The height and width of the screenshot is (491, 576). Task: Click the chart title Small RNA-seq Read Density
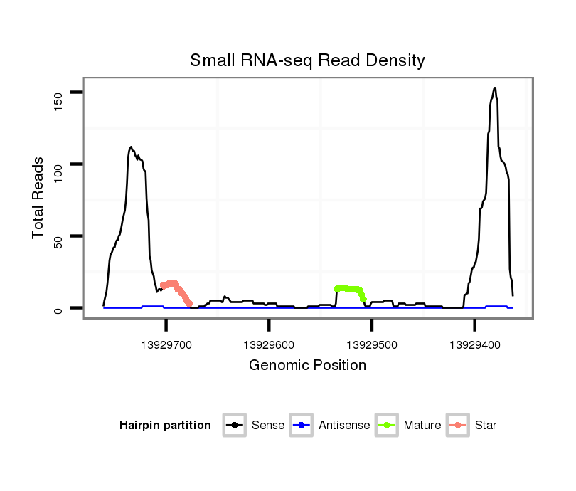pos(307,60)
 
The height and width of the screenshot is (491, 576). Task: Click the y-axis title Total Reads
pos(39,198)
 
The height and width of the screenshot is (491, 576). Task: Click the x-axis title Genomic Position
pos(307,366)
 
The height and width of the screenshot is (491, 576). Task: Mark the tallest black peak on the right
pos(494,88)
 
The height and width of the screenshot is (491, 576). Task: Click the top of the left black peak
pos(131,147)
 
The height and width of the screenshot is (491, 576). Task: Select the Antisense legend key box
pos(302,426)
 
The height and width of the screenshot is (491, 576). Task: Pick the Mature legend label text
pos(422,426)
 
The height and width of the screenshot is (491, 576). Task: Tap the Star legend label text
pos(486,426)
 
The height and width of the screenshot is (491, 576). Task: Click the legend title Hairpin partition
pos(165,426)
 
